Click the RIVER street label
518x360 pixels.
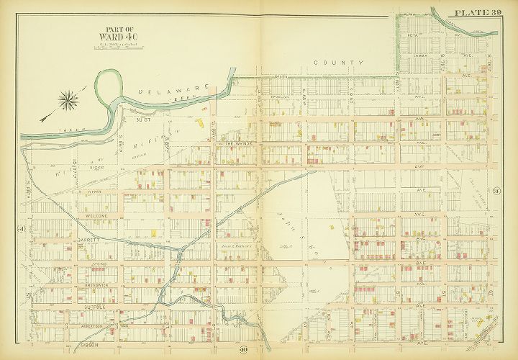(97, 192)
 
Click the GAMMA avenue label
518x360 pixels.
(422, 54)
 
